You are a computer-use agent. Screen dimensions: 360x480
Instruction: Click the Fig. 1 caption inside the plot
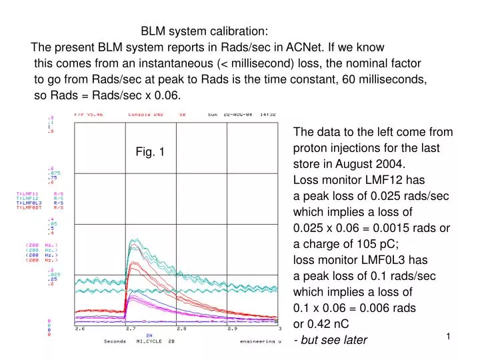pos(150,152)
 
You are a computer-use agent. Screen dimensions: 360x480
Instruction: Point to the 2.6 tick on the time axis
pos(79,329)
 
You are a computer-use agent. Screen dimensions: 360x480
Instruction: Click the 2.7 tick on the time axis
pos(131,329)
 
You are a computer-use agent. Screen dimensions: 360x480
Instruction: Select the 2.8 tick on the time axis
pos(181,329)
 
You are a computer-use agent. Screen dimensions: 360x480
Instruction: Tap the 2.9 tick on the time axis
pos(232,329)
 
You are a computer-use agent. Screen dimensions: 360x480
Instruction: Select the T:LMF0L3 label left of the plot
pos(29,203)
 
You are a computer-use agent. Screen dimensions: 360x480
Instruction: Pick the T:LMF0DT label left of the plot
pos(29,207)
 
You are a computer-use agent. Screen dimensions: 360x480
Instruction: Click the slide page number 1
pos(449,337)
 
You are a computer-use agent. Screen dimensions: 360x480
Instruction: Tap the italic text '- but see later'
pos(330,340)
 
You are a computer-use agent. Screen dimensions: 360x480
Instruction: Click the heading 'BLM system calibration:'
pos(205,31)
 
